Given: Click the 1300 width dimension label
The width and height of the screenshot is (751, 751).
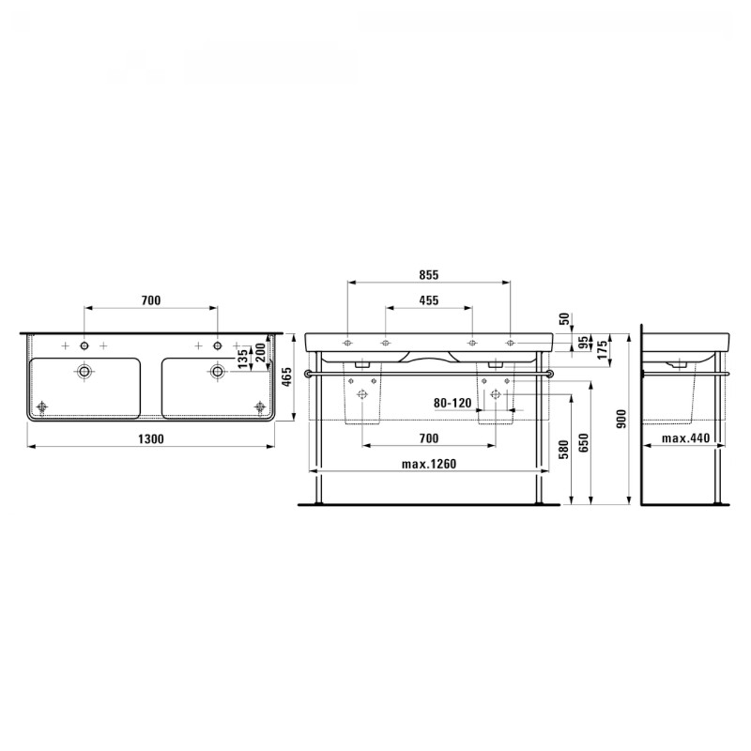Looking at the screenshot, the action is click(x=151, y=438).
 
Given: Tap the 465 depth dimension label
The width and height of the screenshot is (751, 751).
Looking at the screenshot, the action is click(x=285, y=378).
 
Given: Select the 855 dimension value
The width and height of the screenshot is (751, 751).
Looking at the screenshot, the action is click(x=429, y=275).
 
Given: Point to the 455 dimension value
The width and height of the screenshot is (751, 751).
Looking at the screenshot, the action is click(x=429, y=300).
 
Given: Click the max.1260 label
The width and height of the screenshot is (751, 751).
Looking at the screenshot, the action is click(x=429, y=464).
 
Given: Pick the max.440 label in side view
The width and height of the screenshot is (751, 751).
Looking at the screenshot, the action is click(x=685, y=438).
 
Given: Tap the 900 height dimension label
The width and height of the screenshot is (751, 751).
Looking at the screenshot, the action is click(x=621, y=419).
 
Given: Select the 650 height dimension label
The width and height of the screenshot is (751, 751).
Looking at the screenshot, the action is click(x=583, y=443).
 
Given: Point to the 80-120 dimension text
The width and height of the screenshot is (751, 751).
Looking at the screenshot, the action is click(x=453, y=403).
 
